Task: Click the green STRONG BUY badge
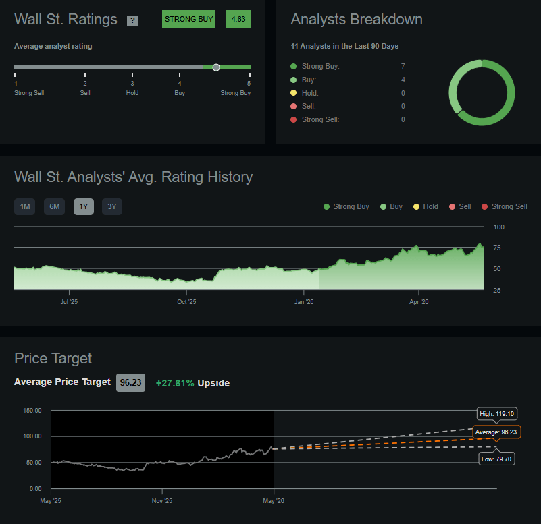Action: click(x=188, y=19)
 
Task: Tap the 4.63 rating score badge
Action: click(x=238, y=19)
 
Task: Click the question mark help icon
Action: click(x=132, y=21)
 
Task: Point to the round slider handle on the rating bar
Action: click(x=216, y=67)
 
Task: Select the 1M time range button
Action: click(x=25, y=207)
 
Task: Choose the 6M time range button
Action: click(x=55, y=207)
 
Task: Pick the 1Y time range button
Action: click(x=84, y=207)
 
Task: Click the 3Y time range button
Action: click(x=112, y=207)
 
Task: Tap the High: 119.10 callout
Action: click(x=497, y=414)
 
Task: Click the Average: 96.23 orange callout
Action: click(x=496, y=432)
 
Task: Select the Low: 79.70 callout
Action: click(x=496, y=459)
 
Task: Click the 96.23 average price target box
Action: click(x=131, y=383)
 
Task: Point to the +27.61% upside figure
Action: click(x=175, y=383)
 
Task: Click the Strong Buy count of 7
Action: click(x=403, y=66)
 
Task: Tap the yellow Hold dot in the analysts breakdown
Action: click(x=294, y=92)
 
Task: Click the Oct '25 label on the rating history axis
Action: click(x=186, y=302)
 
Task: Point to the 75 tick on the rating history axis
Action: click(x=497, y=248)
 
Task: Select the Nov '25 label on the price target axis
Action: click(x=162, y=501)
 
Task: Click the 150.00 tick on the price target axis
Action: click(x=32, y=410)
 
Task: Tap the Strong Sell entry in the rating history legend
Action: click(x=505, y=207)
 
